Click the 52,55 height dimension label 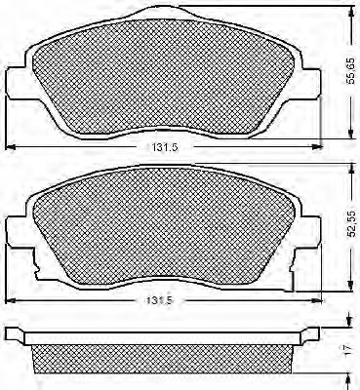click(350, 223)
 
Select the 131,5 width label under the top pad click(164, 147)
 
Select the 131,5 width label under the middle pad click(159, 300)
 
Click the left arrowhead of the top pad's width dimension click(11, 147)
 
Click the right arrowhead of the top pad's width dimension click(317, 147)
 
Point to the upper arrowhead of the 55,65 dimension click(350, 11)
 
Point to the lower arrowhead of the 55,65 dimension click(350, 134)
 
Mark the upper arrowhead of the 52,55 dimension click(350, 168)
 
